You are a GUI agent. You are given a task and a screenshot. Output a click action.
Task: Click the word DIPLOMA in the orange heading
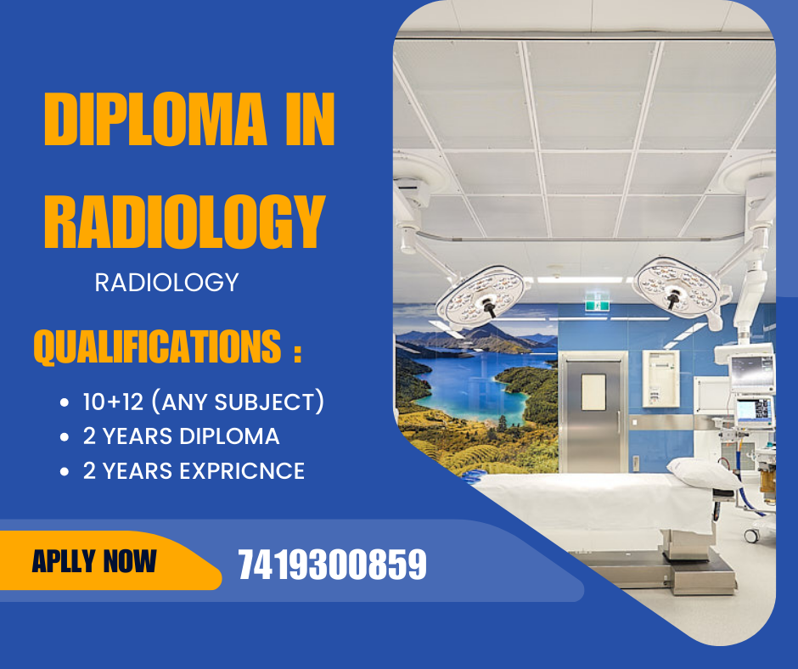click(155, 119)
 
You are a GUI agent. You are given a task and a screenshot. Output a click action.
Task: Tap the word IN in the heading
click(310, 119)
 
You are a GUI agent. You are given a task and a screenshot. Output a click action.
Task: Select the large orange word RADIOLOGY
click(184, 222)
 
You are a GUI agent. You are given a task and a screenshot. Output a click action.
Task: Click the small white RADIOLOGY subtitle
click(167, 283)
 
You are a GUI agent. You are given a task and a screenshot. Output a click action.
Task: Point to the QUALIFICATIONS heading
click(167, 346)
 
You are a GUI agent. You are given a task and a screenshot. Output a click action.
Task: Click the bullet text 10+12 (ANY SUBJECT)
click(204, 402)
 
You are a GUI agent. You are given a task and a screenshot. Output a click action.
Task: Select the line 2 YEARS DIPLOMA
click(181, 436)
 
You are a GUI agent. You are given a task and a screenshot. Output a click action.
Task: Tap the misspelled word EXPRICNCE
click(242, 471)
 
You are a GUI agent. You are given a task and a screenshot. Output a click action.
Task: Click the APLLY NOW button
click(102, 560)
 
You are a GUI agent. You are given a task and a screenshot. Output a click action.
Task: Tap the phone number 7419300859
click(332, 565)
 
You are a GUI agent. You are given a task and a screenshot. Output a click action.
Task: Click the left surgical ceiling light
click(480, 298)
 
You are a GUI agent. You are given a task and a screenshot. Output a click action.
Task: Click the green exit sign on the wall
click(597, 301)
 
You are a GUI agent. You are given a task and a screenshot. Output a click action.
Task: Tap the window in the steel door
click(593, 392)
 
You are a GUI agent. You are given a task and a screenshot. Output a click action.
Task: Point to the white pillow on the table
click(704, 473)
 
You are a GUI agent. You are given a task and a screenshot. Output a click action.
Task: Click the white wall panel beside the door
click(660, 379)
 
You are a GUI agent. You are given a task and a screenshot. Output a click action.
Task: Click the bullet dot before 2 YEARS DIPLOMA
click(65, 437)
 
